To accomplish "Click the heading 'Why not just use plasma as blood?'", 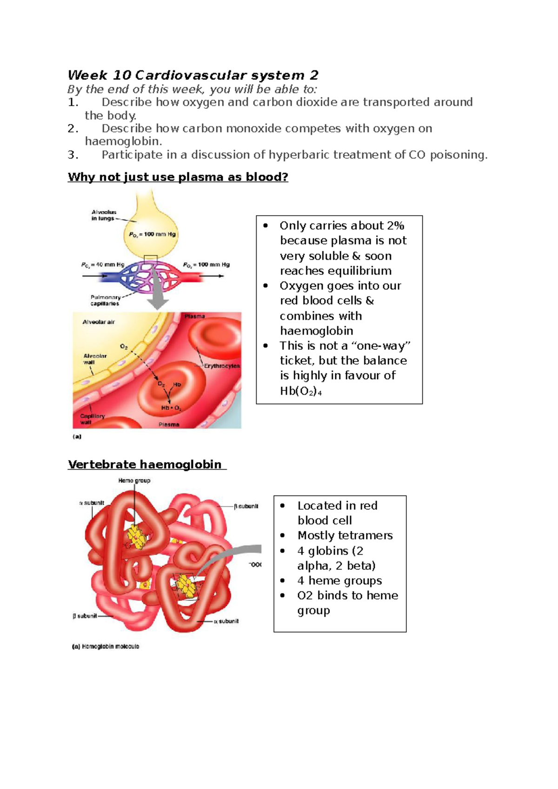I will pos(178,177).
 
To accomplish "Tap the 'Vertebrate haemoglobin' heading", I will pos(145,464).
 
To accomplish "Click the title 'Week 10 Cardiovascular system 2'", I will pos(193,75).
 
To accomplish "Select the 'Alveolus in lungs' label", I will pos(103,215).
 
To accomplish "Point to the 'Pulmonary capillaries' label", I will pos(105,300).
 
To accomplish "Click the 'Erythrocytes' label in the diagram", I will pos(222,366).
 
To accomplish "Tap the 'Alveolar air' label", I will pos(99,322).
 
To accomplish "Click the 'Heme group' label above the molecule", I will pos(134,480).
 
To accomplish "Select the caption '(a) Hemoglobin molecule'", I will pos(106,646).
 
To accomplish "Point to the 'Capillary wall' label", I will pos(92,419).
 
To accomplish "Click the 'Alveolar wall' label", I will pos(95,359).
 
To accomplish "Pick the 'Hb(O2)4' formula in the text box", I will pos(301,391).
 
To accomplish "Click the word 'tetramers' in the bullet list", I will pos(367,535).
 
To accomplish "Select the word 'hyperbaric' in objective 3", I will pos(301,155).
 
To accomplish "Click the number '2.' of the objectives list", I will pos(73,128).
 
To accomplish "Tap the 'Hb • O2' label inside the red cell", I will pos(171,408).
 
